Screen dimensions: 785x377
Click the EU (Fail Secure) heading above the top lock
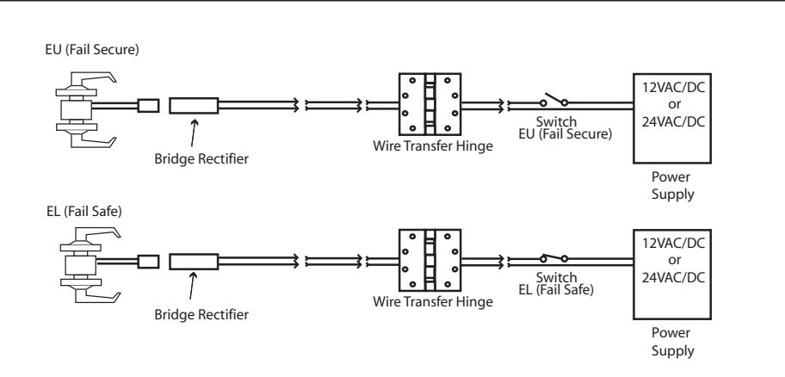click(x=92, y=50)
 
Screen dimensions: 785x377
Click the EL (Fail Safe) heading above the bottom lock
click(x=84, y=211)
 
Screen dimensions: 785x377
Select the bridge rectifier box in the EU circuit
click(x=194, y=106)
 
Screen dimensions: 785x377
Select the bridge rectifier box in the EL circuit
click(x=194, y=262)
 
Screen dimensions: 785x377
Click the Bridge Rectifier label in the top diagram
click(x=201, y=159)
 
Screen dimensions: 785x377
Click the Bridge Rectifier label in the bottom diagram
click(x=201, y=315)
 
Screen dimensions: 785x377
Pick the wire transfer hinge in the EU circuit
click(x=430, y=105)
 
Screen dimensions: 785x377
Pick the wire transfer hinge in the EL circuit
click(x=430, y=260)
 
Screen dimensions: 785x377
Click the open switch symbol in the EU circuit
click(x=553, y=100)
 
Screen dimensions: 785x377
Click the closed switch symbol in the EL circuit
click(x=553, y=258)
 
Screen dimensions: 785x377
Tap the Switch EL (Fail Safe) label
click(x=556, y=284)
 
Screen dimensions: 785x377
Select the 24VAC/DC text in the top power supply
click(x=673, y=121)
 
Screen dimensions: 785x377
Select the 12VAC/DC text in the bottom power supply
click(x=673, y=244)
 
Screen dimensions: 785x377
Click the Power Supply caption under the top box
click(x=672, y=186)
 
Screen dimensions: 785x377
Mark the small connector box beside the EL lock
click(x=148, y=262)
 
